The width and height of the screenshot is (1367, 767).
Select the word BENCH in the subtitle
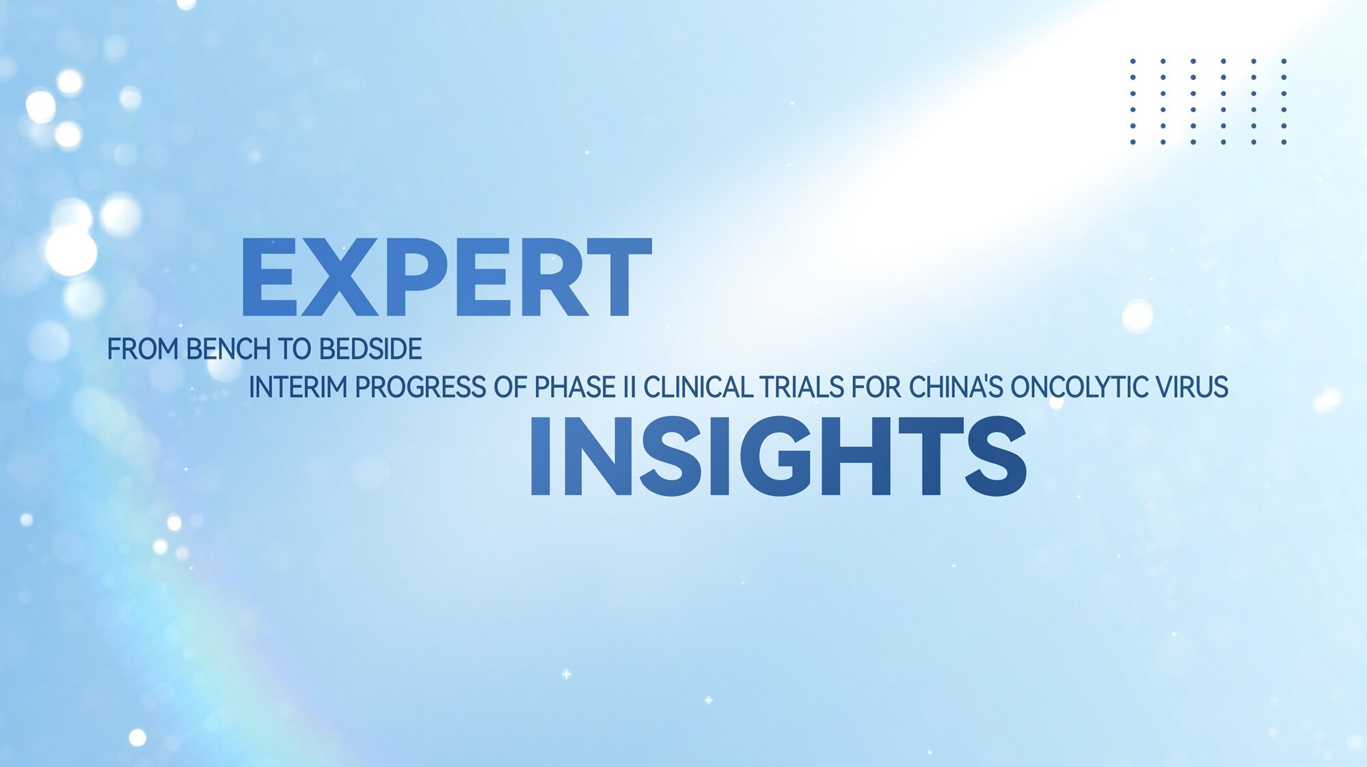(x=228, y=349)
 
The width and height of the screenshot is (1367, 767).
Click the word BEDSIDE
(x=370, y=349)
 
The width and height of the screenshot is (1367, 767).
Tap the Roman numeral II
(x=630, y=387)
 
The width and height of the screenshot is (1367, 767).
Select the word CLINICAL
(x=698, y=387)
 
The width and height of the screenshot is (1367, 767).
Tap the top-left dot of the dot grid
(x=1133, y=61)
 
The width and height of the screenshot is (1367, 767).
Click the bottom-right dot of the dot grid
(x=1284, y=142)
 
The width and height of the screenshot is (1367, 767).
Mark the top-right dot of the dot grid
(x=1284, y=61)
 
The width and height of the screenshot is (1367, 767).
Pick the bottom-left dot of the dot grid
(x=1133, y=142)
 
